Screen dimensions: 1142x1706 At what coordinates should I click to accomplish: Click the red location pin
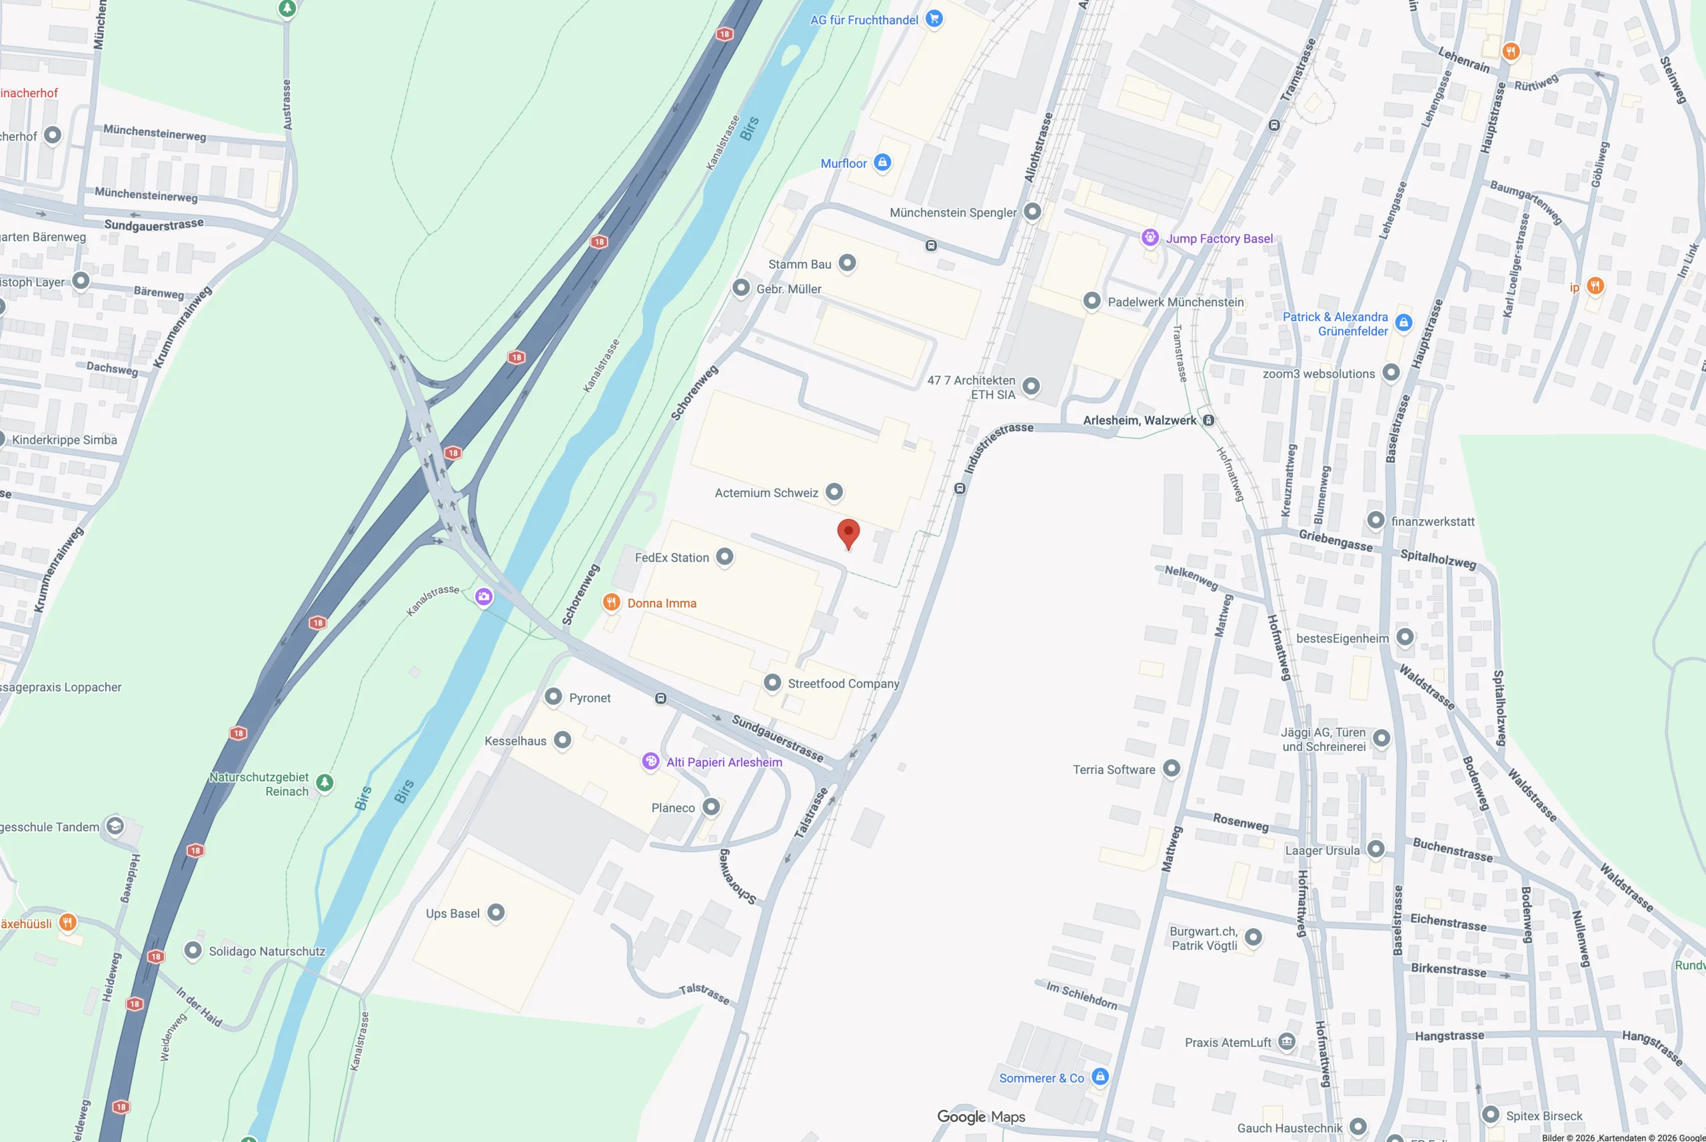pyautogui.click(x=848, y=533)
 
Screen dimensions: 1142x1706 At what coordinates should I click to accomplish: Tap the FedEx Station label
pyautogui.click(x=671, y=558)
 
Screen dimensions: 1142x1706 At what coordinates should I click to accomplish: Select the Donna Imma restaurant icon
pyautogui.click(x=611, y=602)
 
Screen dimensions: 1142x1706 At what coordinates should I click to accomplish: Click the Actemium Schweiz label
pyautogui.click(x=766, y=493)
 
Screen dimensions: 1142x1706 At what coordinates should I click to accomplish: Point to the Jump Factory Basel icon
pyautogui.click(x=1150, y=238)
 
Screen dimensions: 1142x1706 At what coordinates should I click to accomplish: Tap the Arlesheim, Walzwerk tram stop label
pyautogui.click(x=1140, y=420)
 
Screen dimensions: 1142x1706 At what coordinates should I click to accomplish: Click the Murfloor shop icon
pyautogui.click(x=882, y=163)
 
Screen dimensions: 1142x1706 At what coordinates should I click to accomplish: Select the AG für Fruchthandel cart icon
pyautogui.click(x=934, y=19)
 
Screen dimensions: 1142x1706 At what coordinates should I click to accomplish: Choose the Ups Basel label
pyautogui.click(x=452, y=913)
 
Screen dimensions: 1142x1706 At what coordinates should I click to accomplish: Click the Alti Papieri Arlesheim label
pyautogui.click(x=724, y=762)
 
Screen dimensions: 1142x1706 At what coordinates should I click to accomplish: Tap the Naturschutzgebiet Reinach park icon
pyautogui.click(x=325, y=783)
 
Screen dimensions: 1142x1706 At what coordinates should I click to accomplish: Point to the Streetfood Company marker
pyautogui.click(x=772, y=683)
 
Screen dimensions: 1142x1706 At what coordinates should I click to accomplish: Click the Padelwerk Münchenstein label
pyautogui.click(x=1176, y=302)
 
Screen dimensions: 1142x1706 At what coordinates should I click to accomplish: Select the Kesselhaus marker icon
pyautogui.click(x=562, y=741)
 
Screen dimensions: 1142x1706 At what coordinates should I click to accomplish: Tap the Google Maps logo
pyautogui.click(x=980, y=1117)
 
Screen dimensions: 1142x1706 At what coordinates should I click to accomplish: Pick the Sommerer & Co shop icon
pyautogui.click(x=1100, y=1077)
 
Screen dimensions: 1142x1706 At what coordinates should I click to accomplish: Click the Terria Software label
pyautogui.click(x=1114, y=770)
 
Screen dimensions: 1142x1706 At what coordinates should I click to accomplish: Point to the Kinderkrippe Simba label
pyautogui.click(x=64, y=440)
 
